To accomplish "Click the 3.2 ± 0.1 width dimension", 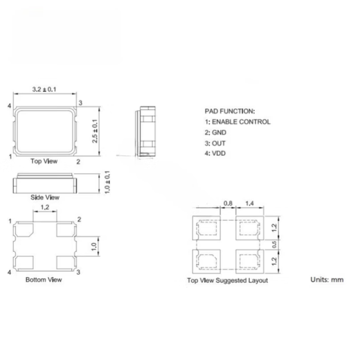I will [45, 90].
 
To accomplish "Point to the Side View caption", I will [46, 197].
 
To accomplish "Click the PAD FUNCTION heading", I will [231, 111].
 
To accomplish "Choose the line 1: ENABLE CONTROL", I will [237, 122].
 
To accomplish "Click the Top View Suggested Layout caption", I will [227, 280].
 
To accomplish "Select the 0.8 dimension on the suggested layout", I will [228, 203].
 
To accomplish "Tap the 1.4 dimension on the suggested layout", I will [249, 203].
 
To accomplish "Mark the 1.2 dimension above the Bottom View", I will [45, 207].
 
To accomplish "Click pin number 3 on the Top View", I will [81, 103].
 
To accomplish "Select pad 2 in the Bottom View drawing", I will [66, 229].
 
